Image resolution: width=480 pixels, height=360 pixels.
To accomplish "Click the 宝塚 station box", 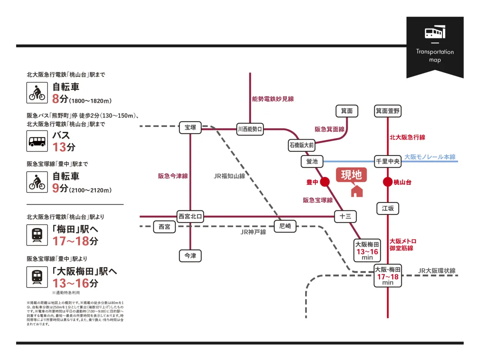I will point(190,128).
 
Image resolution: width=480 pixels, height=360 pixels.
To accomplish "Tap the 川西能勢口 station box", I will point(250,129).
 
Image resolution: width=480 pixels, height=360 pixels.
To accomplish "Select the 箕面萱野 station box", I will point(387,111).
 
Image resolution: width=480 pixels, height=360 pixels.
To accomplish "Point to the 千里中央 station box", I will point(387,161).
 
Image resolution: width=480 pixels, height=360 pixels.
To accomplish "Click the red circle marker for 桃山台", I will point(387,182).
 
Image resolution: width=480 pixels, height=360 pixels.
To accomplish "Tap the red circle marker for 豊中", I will point(325,182).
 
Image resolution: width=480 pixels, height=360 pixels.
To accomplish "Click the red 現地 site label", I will point(351,175).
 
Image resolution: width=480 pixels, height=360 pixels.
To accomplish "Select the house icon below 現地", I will point(357,191).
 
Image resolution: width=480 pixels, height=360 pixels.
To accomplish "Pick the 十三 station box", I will point(345,216).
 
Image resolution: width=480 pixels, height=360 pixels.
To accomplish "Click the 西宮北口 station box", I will point(190,216).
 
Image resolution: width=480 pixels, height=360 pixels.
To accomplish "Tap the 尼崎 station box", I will point(285,226).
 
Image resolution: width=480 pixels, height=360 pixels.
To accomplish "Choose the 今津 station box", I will point(190,255).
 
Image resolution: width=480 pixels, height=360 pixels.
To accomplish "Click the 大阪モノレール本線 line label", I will point(430,157).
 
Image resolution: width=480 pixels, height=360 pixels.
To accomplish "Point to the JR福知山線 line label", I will point(229,176).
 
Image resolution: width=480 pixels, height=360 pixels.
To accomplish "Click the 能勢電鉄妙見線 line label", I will point(273,99).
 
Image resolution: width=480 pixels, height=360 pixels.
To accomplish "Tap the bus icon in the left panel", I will point(37,141).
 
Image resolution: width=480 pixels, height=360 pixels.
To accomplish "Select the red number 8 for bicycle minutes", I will point(56,99).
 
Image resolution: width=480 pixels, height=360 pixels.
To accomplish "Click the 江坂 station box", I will point(387,208).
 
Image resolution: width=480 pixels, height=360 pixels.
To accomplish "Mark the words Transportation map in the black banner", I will point(435,56).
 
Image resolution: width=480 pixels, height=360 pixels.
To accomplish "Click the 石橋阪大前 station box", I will point(301,145).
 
